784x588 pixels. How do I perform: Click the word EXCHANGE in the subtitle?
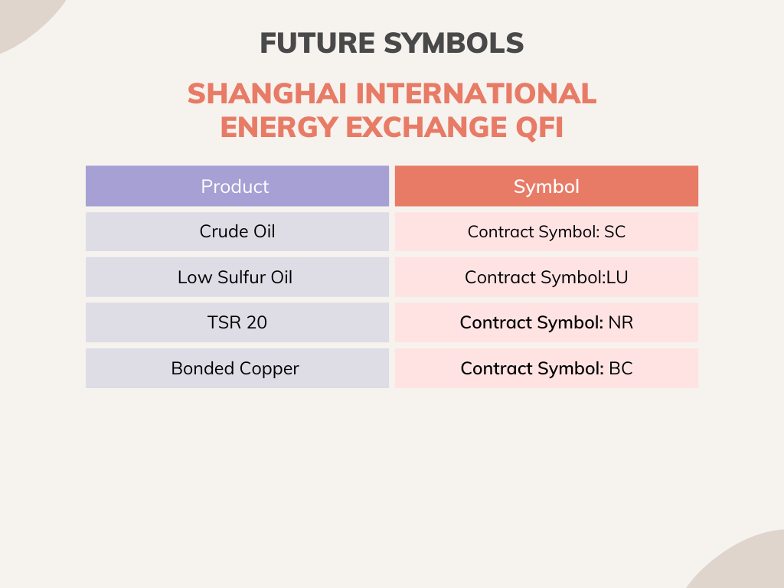point(424,127)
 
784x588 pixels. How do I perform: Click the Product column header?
point(235,186)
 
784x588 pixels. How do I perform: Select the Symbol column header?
point(546,186)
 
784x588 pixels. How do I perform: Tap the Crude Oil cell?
point(237,231)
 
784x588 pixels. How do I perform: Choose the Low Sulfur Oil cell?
point(235,277)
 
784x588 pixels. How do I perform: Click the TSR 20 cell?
point(237,322)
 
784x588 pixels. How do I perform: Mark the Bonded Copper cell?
point(235,368)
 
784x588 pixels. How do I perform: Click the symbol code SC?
point(615,231)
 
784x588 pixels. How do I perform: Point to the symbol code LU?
point(617,277)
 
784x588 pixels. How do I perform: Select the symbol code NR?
point(621,322)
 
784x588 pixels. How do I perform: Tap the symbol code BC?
point(621,368)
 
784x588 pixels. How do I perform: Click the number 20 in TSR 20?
point(257,322)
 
